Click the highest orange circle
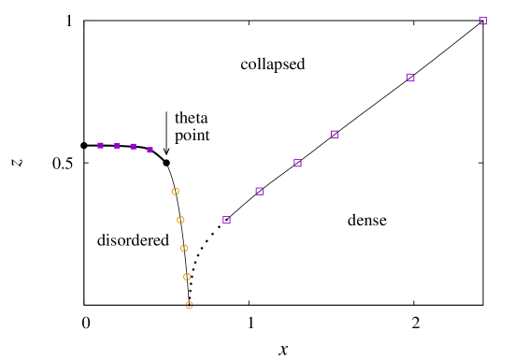click(175, 192)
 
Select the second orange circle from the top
click(180, 220)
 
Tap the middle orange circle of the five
click(184, 249)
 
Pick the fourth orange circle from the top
click(187, 277)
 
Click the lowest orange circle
click(189, 306)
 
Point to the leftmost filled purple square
click(101, 146)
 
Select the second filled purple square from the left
click(117, 146)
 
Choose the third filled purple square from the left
click(134, 147)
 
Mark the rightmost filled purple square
click(150, 150)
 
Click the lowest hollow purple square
click(226, 220)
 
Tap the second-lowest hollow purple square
click(259, 192)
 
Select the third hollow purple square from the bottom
click(297, 163)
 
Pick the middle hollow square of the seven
click(297, 163)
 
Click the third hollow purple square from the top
click(335, 135)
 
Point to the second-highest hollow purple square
click(410, 78)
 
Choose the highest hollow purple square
click(482, 22)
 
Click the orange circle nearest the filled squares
click(175, 192)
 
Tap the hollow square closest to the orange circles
click(226, 220)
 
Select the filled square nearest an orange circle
click(150, 150)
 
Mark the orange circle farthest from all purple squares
click(189, 306)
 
